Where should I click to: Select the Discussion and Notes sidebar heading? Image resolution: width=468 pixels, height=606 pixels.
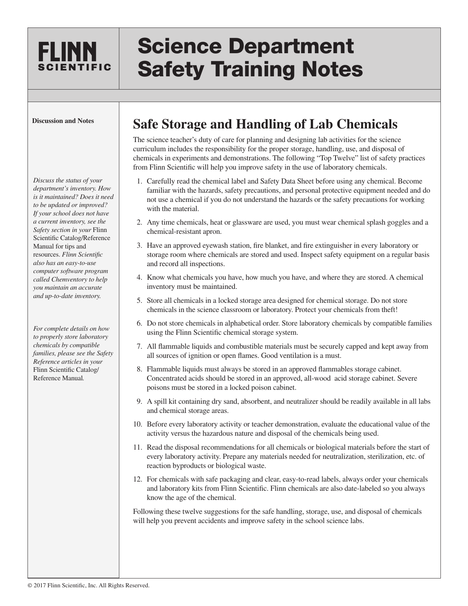(x=63, y=121)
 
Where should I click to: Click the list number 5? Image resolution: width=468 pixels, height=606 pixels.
(x=139, y=301)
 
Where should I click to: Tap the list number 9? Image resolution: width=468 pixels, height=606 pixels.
(x=139, y=402)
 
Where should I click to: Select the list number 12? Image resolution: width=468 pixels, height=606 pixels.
(x=137, y=479)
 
